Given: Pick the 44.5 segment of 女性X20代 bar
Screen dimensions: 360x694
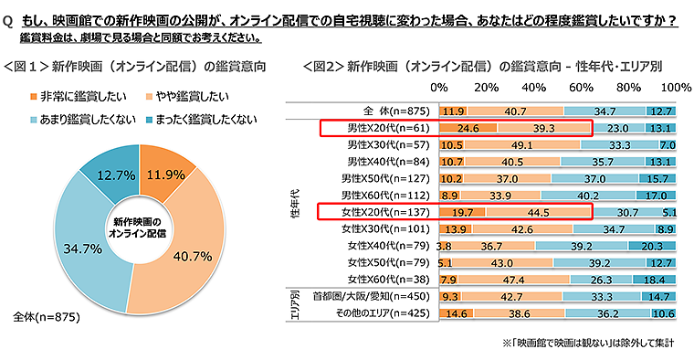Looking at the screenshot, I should click(539, 212).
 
